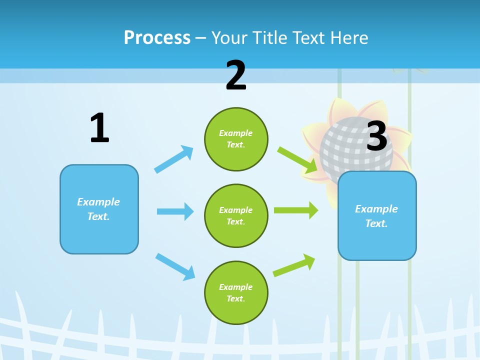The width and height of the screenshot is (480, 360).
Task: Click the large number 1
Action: tap(99, 128)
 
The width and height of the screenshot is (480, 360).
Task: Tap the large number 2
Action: tap(236, 75)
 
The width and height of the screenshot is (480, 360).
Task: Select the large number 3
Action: tap(377, 136)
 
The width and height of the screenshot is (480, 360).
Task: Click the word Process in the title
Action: tap(157, 37)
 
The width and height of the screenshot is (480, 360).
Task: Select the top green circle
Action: tap(236, 139)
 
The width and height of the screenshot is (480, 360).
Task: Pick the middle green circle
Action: tap(236, 215)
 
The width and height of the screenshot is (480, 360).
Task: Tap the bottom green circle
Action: tap(236, 292)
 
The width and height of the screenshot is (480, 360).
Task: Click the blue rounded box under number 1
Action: tap(99, 209)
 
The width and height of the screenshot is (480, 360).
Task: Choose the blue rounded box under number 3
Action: tap(377, 215)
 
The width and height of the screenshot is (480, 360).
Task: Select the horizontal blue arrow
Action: tap(175, 211)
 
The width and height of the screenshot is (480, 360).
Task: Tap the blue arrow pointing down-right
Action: tap(175, 266)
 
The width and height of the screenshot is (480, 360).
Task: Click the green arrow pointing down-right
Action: tap(298, 160)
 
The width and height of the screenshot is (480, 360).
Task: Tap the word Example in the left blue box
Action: tap(98, 202)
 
